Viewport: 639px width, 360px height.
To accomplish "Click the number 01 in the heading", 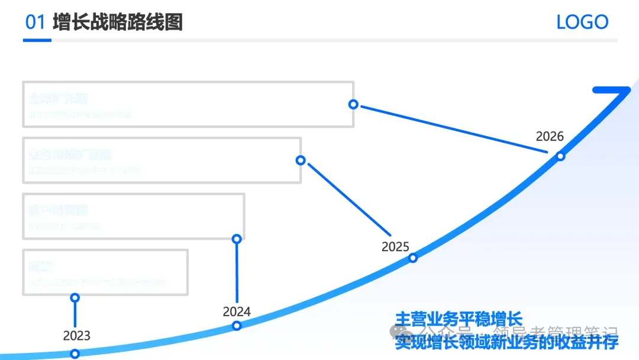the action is [x=35, y=22].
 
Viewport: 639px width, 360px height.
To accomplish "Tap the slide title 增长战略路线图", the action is [x=118, y=22].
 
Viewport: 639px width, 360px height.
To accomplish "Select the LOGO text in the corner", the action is [x=582, y=22].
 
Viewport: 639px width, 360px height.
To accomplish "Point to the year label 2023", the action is [x=77, y=336].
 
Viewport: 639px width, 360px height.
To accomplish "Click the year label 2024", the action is [x=237, y=311].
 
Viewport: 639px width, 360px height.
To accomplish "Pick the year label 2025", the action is [x=395, y=246].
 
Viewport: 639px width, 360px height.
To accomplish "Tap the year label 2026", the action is [x=550, y=136].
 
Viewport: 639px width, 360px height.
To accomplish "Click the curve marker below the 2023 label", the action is [x=75, y=354].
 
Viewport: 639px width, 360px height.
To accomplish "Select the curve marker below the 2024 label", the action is [x=237, y=325].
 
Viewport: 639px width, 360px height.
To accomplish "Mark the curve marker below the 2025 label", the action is [x=413, y=258].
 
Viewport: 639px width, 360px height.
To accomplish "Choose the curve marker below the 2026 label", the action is [x=560, y=156].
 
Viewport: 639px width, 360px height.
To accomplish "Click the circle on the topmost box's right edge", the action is [x=353, y=104].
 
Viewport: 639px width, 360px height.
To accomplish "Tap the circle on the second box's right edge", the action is [x=301, y=160].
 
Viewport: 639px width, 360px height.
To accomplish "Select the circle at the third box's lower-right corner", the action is [x=237, y=239].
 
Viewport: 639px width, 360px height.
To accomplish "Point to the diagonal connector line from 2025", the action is [x=349, y=199].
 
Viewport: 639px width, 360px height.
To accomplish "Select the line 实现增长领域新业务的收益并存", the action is [x=506, y=342].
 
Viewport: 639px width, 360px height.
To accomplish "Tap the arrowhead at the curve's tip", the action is [x=615, y=92].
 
